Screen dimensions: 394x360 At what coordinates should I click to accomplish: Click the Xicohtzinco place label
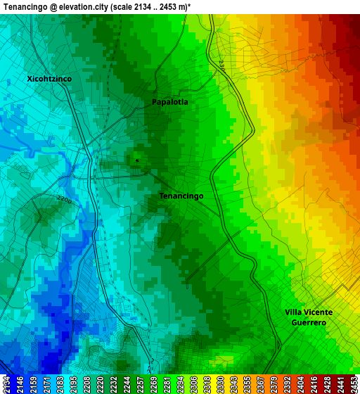[49, 79]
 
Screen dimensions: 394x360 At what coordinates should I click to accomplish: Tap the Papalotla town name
[170, 102]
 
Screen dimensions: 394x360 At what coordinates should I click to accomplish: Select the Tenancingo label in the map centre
[181, 196]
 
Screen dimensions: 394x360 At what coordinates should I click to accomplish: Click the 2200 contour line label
[65, 199]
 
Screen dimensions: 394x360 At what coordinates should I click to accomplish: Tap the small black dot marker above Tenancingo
[137, 160]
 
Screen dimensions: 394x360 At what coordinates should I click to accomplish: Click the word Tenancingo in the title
[26, 6]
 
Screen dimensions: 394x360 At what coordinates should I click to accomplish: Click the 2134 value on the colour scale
[6, 383]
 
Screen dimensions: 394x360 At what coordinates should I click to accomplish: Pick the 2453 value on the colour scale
[354, 383]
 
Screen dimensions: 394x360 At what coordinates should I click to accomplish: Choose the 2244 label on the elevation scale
[127, 383]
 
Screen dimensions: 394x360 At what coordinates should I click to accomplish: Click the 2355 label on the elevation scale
[248, 383]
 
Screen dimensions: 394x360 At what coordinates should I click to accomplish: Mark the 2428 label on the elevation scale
[326, 383]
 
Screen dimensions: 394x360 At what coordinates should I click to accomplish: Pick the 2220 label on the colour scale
[101, 383]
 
